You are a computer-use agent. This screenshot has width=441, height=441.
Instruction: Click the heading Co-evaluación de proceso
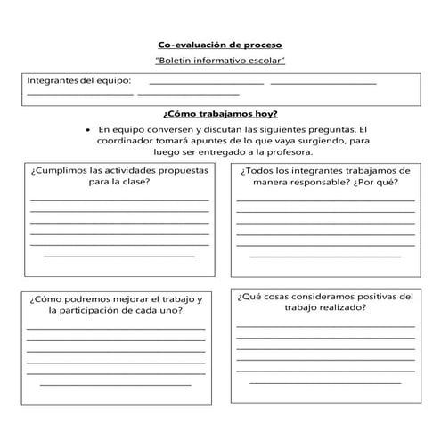219,43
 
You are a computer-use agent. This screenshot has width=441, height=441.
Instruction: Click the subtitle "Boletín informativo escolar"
219,61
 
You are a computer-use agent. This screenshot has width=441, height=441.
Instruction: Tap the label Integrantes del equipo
78,81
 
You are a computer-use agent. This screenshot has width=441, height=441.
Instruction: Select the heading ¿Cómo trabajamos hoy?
219,113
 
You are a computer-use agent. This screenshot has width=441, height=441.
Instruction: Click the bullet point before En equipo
87,128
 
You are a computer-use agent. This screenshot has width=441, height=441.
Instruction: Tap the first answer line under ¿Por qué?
325,200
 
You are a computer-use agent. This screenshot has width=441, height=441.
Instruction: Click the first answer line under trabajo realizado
325,327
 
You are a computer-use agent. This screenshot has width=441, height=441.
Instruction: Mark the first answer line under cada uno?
116,329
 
